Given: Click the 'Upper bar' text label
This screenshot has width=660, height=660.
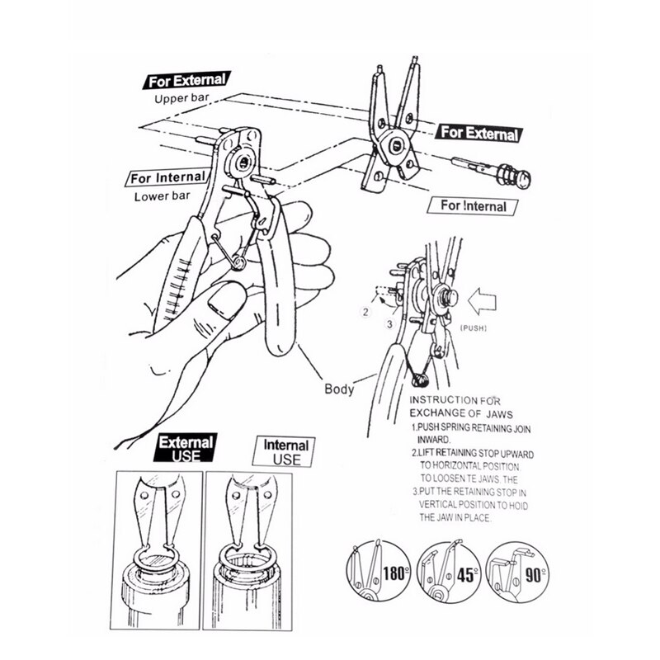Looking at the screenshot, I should [x=183, y=100].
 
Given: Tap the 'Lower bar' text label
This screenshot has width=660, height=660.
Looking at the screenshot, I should [x=162, y=198].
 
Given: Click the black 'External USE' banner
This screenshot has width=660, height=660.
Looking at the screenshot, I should [x=186, y=449].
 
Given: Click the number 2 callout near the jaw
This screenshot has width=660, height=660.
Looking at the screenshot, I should [x=363, y=313].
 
